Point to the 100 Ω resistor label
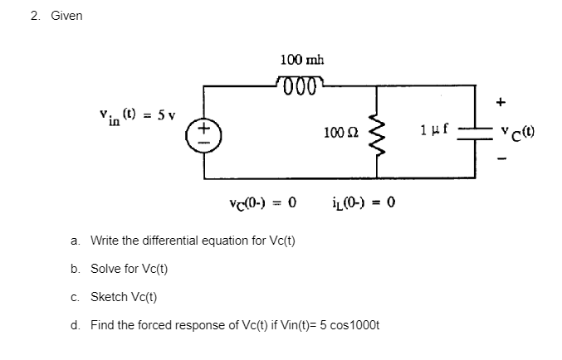click(x=341, y=133)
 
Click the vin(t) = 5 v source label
click(x=132, y=113)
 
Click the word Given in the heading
click(x=66, y=16)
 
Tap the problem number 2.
click(x=32, y=16)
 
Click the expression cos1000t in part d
click(x=352, y=324)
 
